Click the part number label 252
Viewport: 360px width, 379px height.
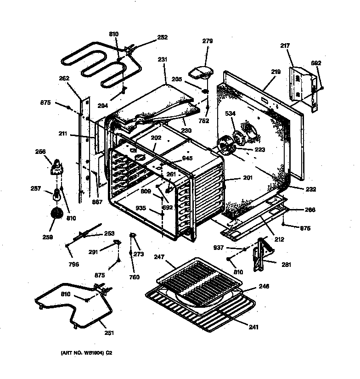pos(162,38)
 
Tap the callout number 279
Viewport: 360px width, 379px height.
pos(208,41)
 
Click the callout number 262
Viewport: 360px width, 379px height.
pos(64,79)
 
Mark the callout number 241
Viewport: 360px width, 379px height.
pos(254,327)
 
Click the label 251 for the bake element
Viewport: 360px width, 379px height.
pos(109,333)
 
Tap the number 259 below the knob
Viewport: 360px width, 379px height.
pos(47,237)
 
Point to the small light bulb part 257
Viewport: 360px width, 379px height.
pos(57,195)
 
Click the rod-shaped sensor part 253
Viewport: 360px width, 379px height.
pos(87,232)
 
